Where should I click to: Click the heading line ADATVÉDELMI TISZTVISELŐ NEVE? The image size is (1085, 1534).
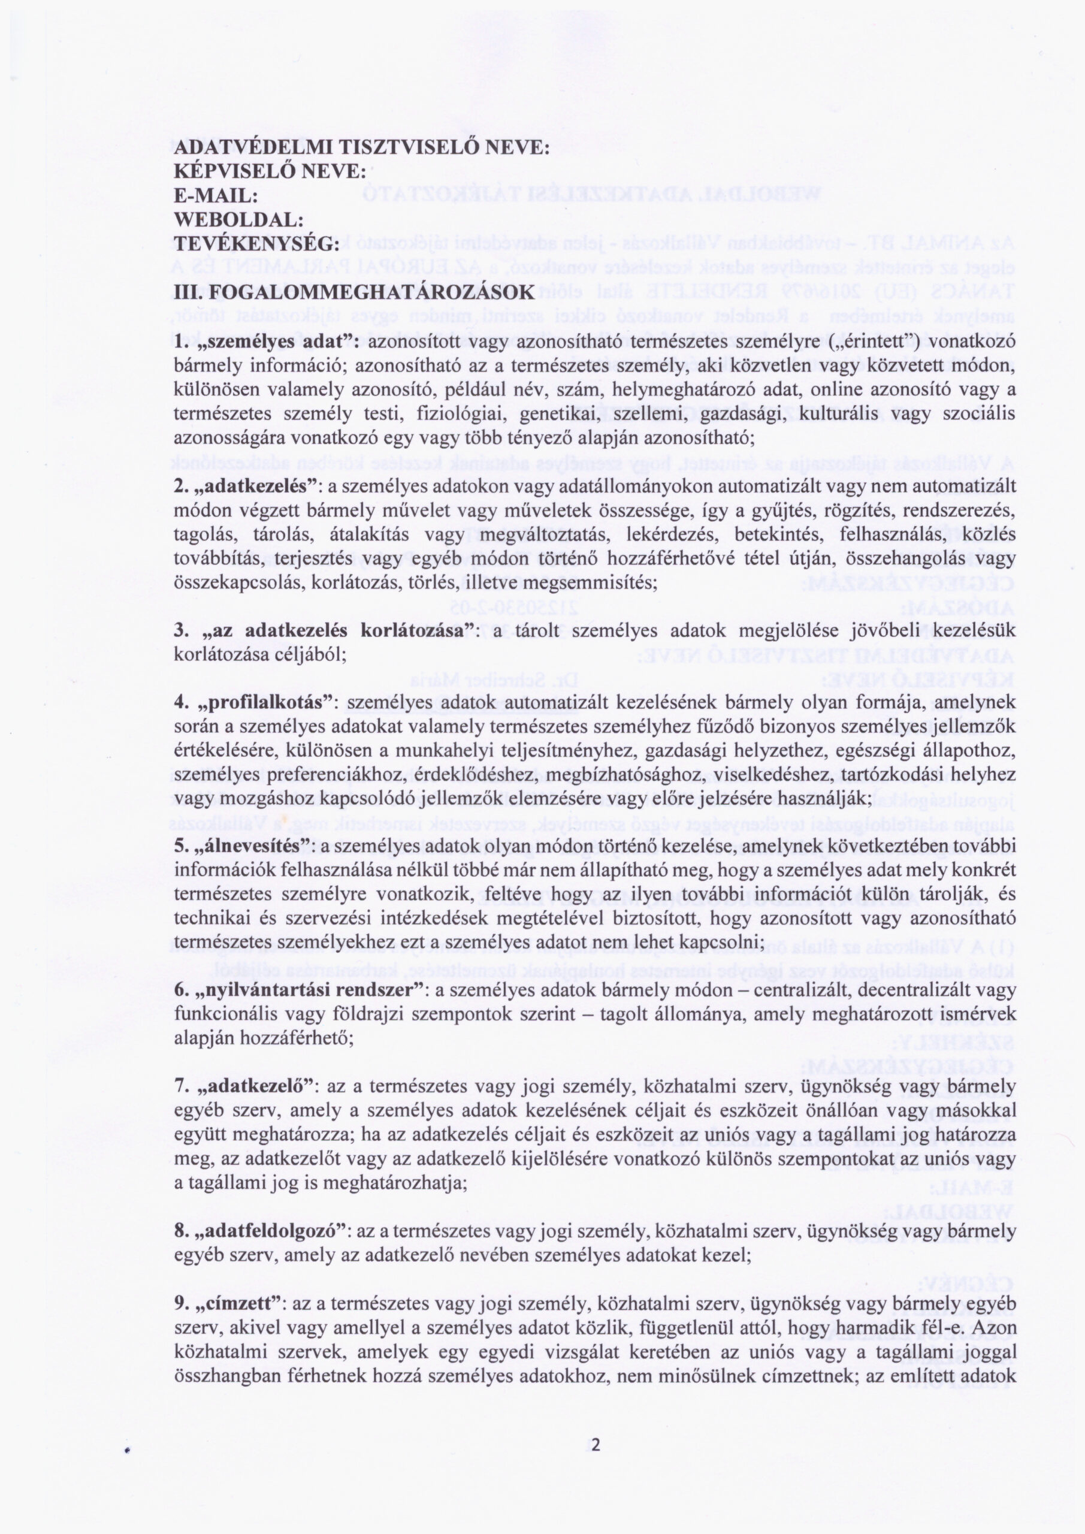coord(361,147)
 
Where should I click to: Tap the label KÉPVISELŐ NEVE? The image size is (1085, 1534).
coord(269,172)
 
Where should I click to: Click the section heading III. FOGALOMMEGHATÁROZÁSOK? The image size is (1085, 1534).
coord(354,292)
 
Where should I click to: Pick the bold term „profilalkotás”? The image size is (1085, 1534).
coord(265,703)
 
